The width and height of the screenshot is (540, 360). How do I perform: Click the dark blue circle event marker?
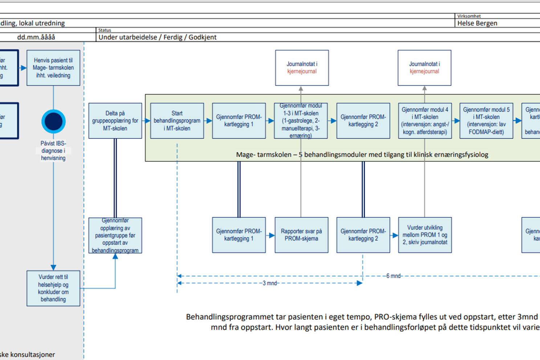53,121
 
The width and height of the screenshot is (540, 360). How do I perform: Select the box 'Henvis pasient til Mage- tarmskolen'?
53,68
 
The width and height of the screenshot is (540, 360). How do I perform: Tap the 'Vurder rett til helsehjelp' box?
53,288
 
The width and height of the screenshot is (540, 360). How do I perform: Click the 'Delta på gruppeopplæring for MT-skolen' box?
115,120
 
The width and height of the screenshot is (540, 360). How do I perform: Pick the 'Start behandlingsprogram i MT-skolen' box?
177,120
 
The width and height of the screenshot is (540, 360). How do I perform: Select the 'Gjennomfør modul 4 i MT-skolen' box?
425,120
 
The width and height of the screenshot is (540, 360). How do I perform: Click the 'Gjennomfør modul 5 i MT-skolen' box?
486,120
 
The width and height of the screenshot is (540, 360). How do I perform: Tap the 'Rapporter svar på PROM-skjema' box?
301,235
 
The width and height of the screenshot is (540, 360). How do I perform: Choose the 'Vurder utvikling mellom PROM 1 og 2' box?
425,235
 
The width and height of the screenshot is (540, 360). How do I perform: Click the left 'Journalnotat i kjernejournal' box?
302,68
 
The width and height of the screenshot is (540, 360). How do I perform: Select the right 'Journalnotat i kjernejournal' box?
425,68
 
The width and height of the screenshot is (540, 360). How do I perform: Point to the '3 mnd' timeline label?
269,283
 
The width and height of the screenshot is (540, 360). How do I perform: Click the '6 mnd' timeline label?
393,276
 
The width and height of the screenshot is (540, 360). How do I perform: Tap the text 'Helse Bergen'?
477,23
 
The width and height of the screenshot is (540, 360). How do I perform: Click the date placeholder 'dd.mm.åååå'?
36,37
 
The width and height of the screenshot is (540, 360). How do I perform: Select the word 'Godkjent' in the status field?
202,37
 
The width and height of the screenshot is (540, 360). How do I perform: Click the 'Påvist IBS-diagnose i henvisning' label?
53,151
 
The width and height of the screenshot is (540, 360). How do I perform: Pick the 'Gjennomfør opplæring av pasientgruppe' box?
115,235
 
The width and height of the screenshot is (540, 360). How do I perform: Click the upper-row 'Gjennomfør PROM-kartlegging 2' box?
363,120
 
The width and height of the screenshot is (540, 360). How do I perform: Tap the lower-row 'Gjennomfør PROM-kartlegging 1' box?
239,235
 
